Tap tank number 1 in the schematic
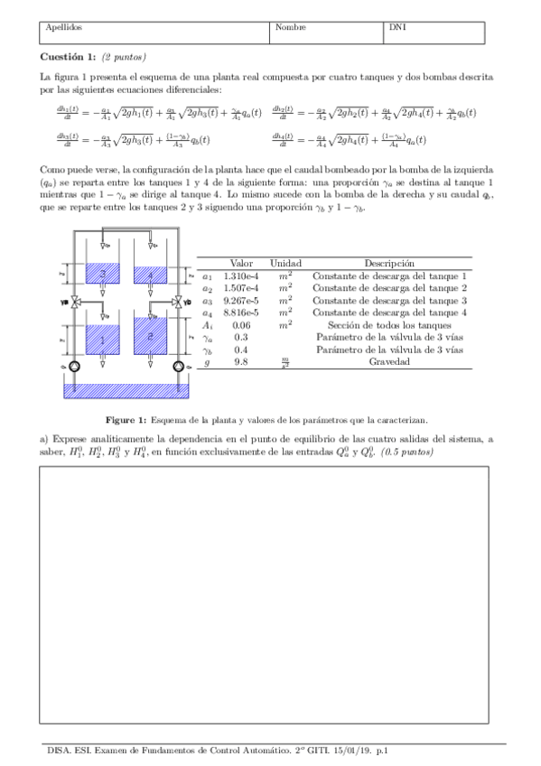(x=103, y=340)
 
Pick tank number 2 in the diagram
(x=151, y=335)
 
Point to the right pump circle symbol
(x=179, y=367)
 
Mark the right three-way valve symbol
(x=180, y=302)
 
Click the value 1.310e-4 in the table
(x=241, y=276)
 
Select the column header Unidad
(x=285, y=262)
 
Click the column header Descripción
(x=389, y=262)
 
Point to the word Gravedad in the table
(x=389, y=361)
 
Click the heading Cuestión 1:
(x=69, y=56)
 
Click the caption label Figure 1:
(x=126, y=420)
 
